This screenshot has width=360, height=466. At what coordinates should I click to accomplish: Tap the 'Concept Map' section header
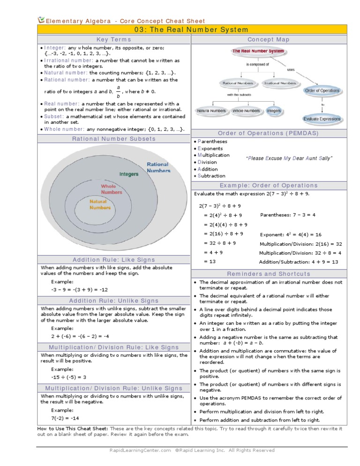[x=269, y=40]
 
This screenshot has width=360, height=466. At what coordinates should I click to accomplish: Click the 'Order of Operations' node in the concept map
[x=322, y=90]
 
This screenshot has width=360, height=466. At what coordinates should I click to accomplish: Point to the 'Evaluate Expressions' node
[x=322, y=119]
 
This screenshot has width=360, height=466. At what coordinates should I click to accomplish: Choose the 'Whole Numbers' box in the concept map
[x=246, y=111]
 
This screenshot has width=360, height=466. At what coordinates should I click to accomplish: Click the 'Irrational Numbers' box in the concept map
[x=280, y=83]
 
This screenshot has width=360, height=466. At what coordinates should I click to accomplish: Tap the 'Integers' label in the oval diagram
[x=129, y=174]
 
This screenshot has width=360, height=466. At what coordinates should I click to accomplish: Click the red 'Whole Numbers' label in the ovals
[x=111, y=189]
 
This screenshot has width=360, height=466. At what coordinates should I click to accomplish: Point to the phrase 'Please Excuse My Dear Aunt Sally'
[x=289, y=158]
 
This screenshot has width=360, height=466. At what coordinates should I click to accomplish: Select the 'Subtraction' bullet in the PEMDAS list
[x=211, y=176]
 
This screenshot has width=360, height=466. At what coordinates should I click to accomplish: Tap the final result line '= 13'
[x=210, y=262]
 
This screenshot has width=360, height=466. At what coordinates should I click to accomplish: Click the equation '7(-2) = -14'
[x=65, y=418]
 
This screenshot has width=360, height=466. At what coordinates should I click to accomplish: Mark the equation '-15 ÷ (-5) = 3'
[x=69, y=377]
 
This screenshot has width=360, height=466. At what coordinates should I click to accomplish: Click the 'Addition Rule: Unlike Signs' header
[x=114, y=301]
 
